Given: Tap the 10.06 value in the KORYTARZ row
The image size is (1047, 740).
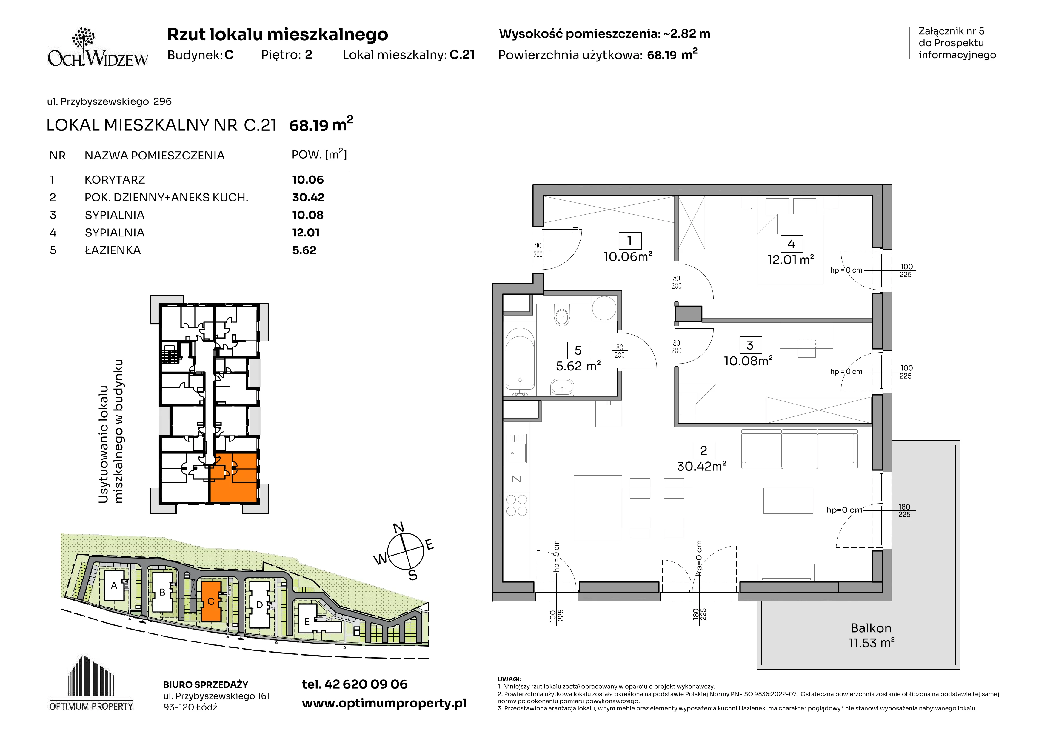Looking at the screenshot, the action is click(x=308, y=180).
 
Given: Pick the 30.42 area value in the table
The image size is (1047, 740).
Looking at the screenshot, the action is click(x=308, y=197).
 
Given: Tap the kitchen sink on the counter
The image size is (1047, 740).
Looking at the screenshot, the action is click(x=517, y=448).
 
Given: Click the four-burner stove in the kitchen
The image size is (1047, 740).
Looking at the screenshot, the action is click(x=517, y=505).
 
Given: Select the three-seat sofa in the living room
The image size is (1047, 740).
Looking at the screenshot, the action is click(x=799, y=449).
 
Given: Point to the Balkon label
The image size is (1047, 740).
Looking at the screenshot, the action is click(x=871, y=628).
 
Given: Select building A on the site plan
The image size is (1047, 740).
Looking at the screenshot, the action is click(x=114, y=585).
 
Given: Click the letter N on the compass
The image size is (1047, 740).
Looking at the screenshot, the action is click(x=398, y=527).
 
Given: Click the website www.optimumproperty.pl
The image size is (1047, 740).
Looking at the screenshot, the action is click(x=384, y=703).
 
